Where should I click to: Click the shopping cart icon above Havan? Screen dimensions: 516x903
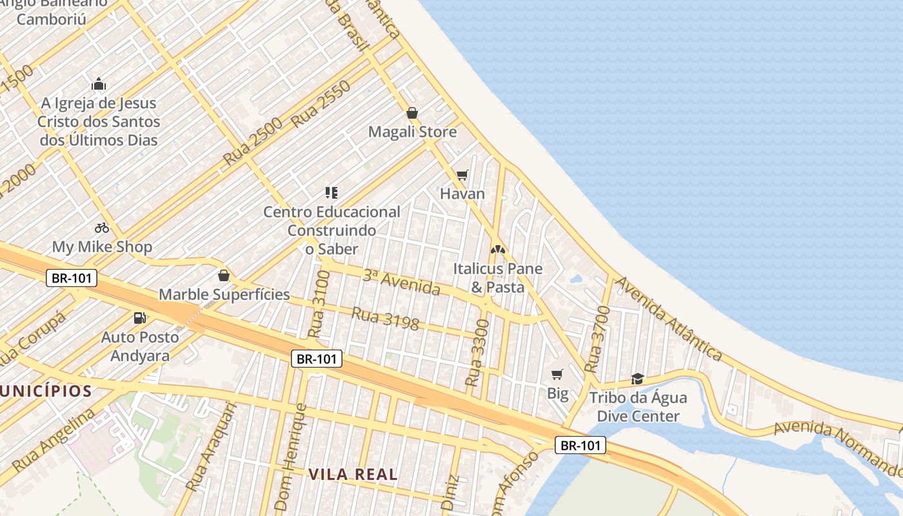[462, 175]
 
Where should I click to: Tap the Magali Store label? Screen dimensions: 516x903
[412, 132]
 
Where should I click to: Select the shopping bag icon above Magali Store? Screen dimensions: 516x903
[412, 114]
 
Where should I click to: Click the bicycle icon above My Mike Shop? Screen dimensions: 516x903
[102, 228]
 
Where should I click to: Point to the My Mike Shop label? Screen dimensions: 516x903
[102, 247]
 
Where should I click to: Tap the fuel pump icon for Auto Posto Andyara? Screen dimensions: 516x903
[139, 317]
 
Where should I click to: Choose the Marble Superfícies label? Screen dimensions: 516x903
[224, 295]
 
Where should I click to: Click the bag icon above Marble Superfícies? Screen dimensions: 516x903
[224, 276]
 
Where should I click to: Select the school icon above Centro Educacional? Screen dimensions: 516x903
[332, 192]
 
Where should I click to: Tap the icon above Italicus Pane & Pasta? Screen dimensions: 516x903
[497, 249]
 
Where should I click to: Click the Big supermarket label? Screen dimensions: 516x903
[558, 393]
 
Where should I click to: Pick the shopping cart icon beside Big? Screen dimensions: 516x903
[557, 374]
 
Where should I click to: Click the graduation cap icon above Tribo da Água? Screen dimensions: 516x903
[637, 379]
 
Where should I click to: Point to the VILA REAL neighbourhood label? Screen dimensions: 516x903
[353, 475]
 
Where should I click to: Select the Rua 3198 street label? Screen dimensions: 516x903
[385, 318]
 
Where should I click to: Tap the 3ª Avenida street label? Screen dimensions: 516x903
[401, 283]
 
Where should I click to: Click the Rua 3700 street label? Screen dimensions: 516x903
[597, 339]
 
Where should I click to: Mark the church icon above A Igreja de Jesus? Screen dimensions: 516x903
[99, 84]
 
